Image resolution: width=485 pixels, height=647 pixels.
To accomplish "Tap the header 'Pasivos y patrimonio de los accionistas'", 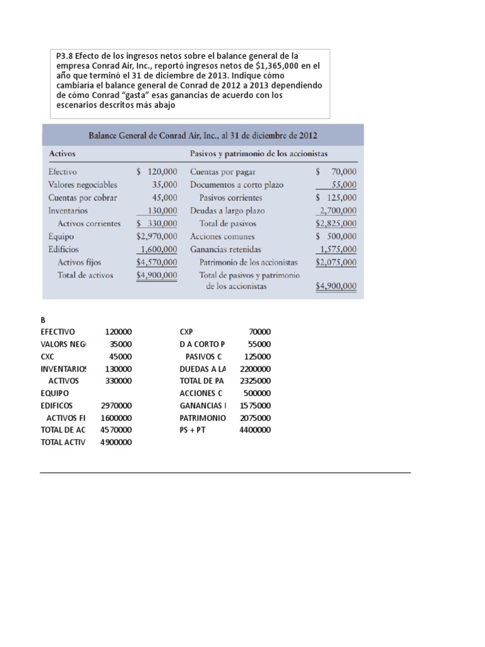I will pos(258,154).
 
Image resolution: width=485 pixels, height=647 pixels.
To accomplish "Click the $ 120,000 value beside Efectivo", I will pos(157,172).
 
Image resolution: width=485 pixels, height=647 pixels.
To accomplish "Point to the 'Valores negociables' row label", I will pos(82,185).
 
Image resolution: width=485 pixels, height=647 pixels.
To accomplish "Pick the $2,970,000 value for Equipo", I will pos(157,236).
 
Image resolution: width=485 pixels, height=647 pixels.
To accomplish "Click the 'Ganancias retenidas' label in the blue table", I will pos(225,250).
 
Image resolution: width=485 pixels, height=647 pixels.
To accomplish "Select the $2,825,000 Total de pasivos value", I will pos(336,224).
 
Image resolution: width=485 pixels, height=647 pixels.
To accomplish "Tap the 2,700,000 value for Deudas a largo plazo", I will pos(338,211).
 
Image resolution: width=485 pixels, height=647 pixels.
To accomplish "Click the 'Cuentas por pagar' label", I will pos(222,172).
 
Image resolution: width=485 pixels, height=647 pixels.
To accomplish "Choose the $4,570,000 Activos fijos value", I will pos(157,262).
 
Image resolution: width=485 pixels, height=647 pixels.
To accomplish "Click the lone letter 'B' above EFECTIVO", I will pos(43,320).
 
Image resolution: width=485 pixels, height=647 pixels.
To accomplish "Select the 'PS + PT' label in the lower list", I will pos(193,430).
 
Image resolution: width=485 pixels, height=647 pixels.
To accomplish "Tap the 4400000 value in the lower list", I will pos(254,430).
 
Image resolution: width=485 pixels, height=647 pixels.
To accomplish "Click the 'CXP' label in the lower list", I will pos(186,332).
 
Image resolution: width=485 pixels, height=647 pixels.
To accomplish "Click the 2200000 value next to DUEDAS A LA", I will pos(254,368).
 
